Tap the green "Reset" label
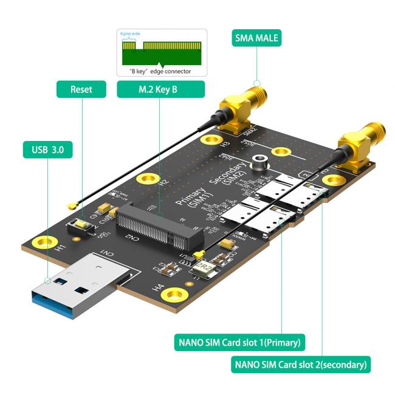81,89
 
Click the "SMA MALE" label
256,39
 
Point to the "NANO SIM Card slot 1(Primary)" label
239,342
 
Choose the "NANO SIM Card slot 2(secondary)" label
300,365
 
